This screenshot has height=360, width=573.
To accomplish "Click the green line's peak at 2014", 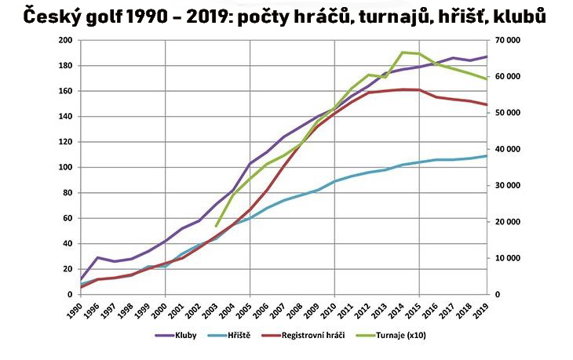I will (x=403, y=53).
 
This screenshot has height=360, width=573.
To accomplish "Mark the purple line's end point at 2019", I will (x=487, y=56).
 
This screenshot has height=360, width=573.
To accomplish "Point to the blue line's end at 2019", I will (x=487, y=155).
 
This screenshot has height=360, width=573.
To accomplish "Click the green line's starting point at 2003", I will (x=217, y=226).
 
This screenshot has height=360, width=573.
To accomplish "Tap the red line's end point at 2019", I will (x=487, y=105).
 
